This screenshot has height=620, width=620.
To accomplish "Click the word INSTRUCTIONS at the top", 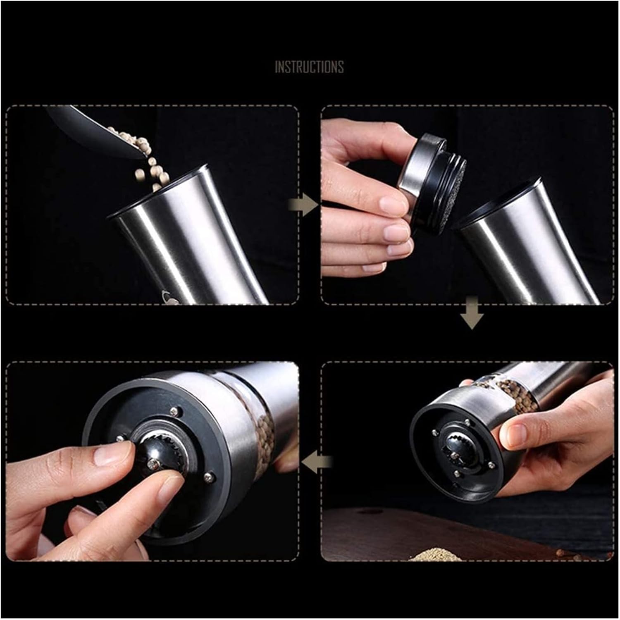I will [x=309, y=67].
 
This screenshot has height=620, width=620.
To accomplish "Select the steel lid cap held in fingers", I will [x=417, y=165].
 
